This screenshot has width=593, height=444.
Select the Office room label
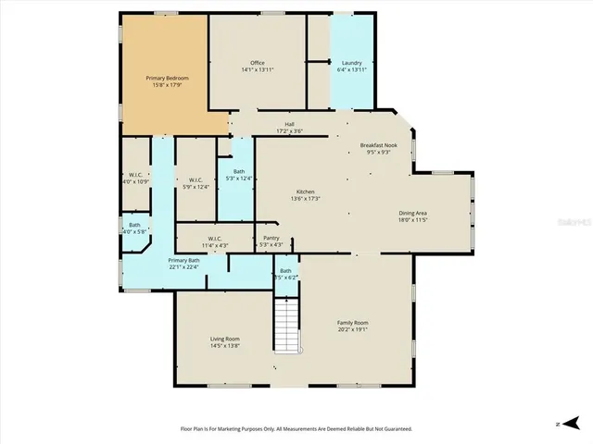click(258, 63)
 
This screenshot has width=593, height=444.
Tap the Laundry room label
click(351, 63)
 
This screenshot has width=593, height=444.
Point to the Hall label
click(289, 124)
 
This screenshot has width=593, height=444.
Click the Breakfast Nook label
click(380, 146)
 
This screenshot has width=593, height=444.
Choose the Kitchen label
click(306, 191)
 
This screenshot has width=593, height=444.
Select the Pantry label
click(271, 238)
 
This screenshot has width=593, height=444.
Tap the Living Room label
click(225, 339)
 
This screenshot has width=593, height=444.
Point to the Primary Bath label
click(183, 261)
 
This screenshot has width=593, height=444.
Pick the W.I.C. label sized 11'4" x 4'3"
click(215, 238)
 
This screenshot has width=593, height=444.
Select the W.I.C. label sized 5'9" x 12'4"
click(196, 179)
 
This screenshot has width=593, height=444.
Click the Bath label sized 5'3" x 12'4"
click(239, 171)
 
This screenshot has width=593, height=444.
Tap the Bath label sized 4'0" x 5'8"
click(134, 225)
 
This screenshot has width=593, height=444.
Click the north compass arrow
click(560, 424)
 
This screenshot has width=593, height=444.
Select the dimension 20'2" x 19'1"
click(352, 328)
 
